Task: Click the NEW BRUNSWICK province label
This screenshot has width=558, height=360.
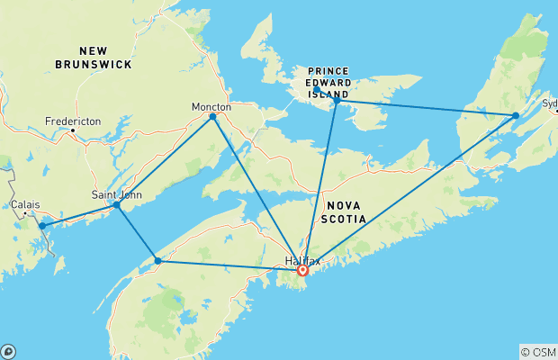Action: [93, 58]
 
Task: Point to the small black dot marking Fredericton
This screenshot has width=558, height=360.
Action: [73, 130]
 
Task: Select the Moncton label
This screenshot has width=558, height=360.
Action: [211, 106]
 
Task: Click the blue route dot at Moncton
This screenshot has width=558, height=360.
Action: [212, 116]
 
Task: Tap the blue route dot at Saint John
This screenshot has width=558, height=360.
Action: [116, 205]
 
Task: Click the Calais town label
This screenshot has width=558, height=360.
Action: [25, 204]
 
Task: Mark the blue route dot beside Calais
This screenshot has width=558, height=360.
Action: [41, 226]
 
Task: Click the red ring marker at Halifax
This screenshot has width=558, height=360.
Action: [303, 269]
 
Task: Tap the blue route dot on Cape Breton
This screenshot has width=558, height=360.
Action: [515, 115]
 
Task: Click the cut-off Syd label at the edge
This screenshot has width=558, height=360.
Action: [549, 103]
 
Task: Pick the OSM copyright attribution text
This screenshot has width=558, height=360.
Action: [537, 352]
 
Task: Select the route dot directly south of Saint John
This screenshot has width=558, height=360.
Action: [157, 261]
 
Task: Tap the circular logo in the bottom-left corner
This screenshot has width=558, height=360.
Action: [8, 351]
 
